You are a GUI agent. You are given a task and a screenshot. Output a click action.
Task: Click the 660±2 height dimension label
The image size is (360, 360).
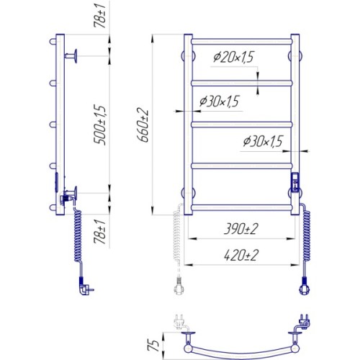coord(143,125)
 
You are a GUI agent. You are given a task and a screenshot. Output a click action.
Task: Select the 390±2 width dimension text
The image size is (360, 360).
coord(241,228)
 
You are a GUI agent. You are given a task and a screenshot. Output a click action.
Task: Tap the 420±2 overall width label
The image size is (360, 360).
coord(241,255)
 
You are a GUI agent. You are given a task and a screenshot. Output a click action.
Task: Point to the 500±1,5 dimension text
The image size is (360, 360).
coord(99,125)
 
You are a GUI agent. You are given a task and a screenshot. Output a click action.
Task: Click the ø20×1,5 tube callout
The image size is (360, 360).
coord(233,57)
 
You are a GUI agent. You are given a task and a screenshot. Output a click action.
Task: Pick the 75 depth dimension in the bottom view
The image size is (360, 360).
coord(153,345)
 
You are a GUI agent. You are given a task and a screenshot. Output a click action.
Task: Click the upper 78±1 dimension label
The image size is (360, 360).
coord(100,16)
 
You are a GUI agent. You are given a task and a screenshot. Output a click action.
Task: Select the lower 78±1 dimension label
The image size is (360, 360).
coord(100,232)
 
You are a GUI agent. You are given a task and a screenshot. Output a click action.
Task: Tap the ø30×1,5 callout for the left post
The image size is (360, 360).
coord(219,102)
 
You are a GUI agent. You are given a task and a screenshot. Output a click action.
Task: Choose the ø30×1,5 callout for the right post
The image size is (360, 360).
coord(263,141)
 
